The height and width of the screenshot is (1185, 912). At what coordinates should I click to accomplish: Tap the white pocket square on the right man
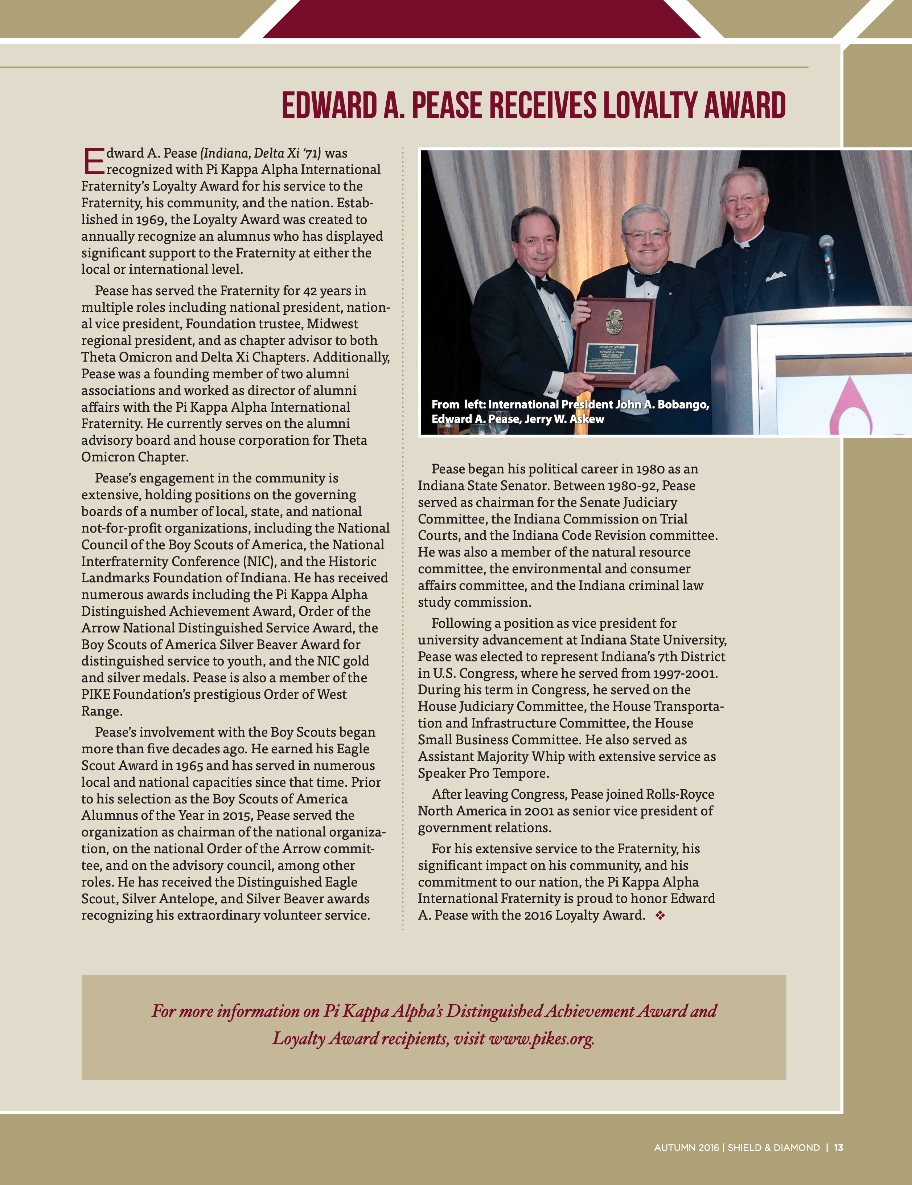click(x=775, y=276)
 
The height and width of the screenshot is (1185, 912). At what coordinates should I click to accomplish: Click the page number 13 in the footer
click(x=838, y=1148)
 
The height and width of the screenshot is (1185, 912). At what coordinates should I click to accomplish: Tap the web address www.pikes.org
click(x=541, y=1038)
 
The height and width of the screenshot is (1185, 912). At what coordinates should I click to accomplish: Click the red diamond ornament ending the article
click(x=660, y=915)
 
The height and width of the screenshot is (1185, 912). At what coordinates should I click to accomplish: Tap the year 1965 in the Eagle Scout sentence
click(x=189, y=766)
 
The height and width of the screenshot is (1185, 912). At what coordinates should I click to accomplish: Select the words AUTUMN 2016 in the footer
click(x=686, y=1148)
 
